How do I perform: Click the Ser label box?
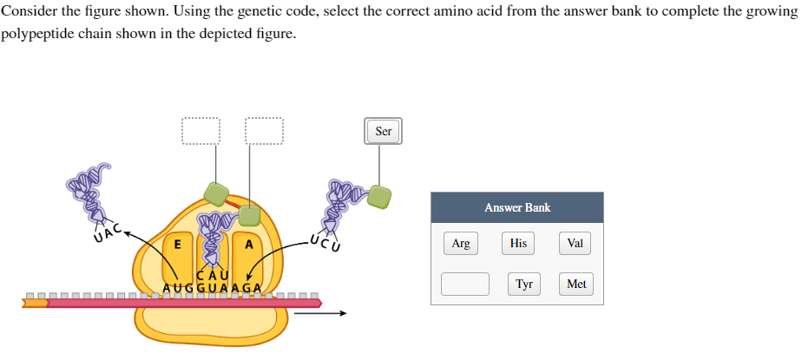(384, 132)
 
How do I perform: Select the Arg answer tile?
(461, 244)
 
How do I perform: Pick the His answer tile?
(518, 244)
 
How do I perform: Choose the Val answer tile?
(575, 244)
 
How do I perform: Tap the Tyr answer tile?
(523, 284)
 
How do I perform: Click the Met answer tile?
(576, 284)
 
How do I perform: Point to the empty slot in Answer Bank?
(464, 284)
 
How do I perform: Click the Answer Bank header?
(517, 207)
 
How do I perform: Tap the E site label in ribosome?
(177, 245)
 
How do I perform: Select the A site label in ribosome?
(249, 245)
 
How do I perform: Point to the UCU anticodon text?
(322, 239)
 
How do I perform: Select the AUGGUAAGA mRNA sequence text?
(213, 288)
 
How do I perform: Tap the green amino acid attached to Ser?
(378, 196)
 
